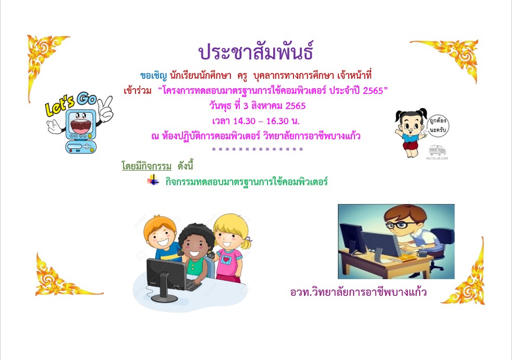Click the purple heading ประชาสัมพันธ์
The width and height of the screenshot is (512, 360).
point(256,52)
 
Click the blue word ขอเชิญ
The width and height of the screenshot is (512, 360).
point(153,76)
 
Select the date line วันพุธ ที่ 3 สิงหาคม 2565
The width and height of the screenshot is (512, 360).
point(258,106)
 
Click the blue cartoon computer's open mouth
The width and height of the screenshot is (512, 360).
point(81,125)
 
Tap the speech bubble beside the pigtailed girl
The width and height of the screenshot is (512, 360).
point(438,125)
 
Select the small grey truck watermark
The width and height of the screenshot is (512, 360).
point(437,151)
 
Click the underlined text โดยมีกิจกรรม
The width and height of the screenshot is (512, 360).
point(147,165)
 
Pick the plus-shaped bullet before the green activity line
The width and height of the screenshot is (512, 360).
point(153,179)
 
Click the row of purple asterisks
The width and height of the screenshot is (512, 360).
point(258,150)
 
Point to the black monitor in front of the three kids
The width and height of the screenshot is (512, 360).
point(166,278)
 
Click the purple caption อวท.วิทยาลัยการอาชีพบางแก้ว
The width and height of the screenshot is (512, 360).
point(358,292)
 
